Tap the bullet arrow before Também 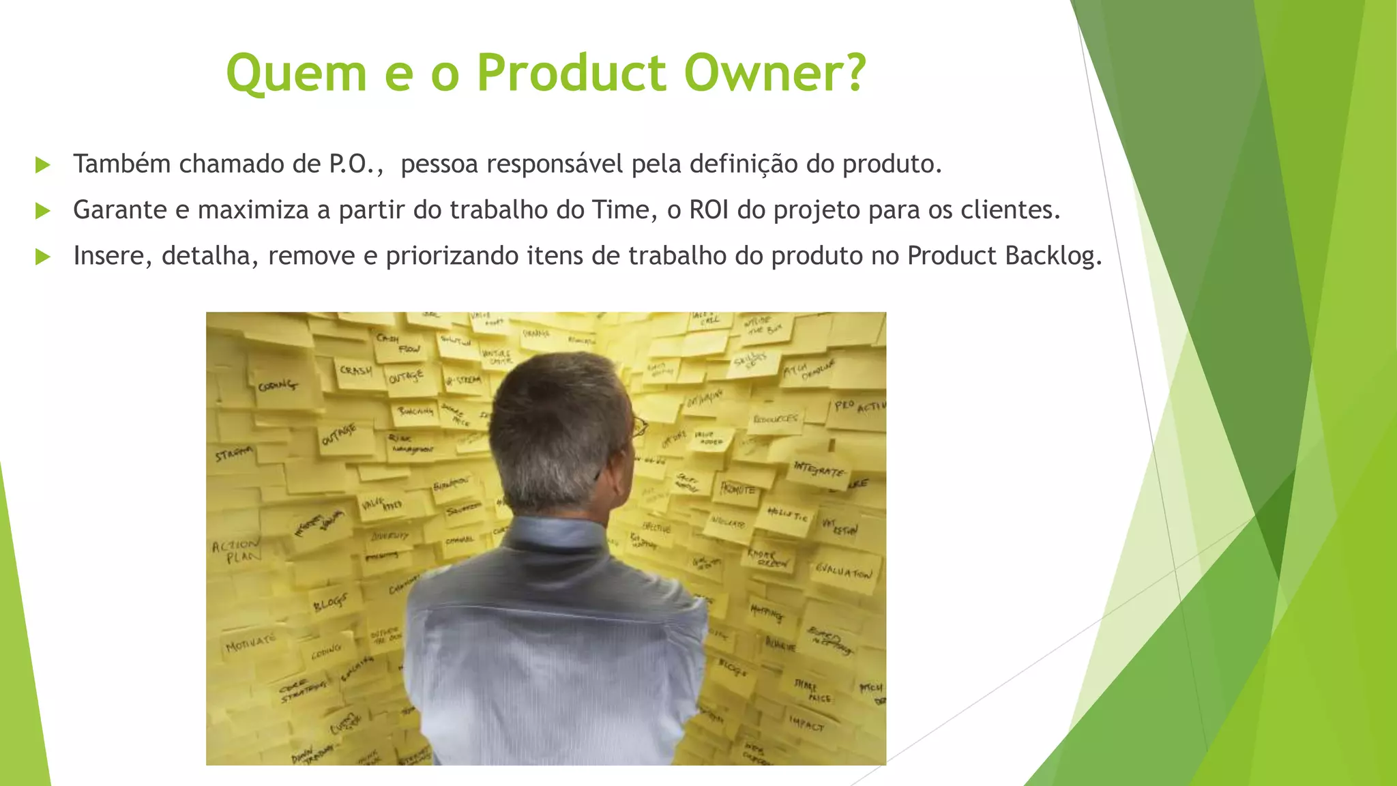click(x=42, y=165)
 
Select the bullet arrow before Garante click(x=42, y=211)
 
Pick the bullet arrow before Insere click(x=42, y=257)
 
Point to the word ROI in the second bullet click(x=709, y=210)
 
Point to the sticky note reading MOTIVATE click(x=251, y=643)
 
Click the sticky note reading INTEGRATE click(x=819, y=469)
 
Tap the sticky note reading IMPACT click(x=807, y=724)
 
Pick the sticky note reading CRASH click(x=356, y=371)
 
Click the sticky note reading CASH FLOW click(x=398, y=343)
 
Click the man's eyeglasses click(x=639, y=427)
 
